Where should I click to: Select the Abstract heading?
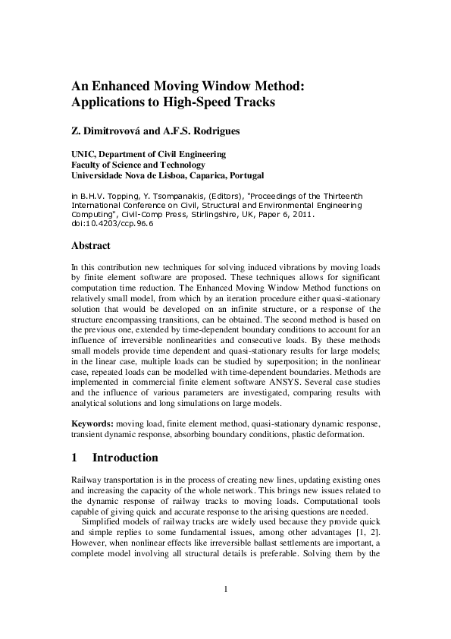90,246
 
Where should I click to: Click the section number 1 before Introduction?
74,458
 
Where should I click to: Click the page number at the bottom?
226,589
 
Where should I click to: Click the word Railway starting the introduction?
86,482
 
